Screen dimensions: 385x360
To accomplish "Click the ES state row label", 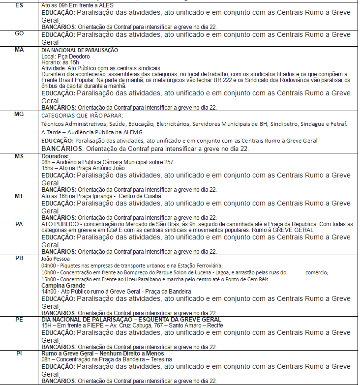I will point(19,5).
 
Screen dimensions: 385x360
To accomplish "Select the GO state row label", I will point(19,33).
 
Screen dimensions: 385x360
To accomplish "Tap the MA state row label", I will point(19,50).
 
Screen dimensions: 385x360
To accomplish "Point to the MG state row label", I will point(19,114).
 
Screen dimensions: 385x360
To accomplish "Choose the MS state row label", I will point(19,156).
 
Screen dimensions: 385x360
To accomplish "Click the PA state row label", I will point(19,224).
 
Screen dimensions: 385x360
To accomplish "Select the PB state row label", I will point(19,258).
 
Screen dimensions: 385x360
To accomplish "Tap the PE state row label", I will point(19,319).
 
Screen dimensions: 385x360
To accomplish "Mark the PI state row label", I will point(19,353).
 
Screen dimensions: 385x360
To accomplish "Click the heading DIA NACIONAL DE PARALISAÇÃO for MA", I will point(80,50).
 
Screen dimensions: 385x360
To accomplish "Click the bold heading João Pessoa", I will point(56,258).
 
